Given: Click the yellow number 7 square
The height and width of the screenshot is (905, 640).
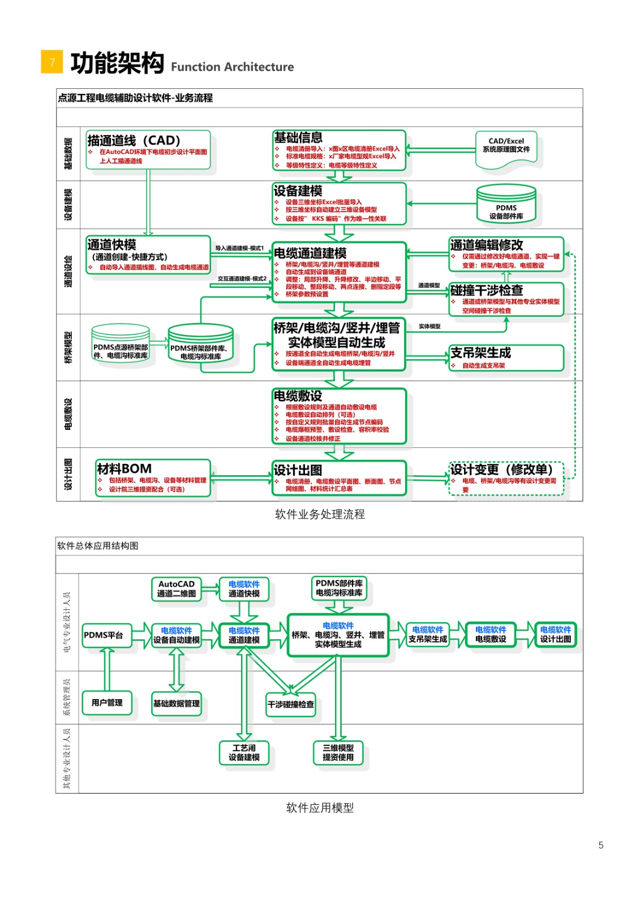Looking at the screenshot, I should pos(51,62).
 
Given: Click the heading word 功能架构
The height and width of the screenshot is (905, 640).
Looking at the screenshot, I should pos(117,63).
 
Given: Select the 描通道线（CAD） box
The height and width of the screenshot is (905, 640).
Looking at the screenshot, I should pos(148,150).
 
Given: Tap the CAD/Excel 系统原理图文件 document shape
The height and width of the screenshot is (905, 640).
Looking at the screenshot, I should pos(506,149).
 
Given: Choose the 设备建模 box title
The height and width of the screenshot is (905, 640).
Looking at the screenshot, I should pos(298,191).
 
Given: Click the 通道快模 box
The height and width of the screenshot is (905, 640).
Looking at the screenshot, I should pos(148,255).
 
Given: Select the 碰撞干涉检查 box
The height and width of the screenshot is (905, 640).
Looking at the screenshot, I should pos(506,298).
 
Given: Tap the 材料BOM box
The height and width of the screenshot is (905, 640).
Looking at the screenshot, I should pos(153,479).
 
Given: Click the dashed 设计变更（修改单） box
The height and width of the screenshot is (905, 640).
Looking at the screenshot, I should pos(506,479).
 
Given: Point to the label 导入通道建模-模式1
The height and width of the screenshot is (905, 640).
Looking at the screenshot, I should pos(239,248).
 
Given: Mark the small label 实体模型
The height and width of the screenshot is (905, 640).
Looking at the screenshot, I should pos(429,326).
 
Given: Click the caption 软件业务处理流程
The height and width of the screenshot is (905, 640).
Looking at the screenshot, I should pos(320,514).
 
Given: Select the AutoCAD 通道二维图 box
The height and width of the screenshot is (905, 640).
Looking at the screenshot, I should pos(177,589).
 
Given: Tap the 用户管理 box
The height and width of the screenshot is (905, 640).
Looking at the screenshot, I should pos(107,703).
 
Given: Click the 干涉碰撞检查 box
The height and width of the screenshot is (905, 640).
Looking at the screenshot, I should pos(290,704).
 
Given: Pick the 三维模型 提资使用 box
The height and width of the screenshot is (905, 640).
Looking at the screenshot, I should pos(338,752).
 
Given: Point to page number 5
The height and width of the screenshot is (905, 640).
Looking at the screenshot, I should pos(600,845).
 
